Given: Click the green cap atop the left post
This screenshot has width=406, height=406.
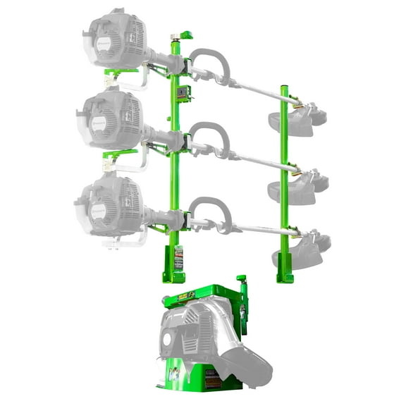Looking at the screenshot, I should coord(187,35).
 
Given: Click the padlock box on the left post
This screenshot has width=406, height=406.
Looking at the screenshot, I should coord(184,94).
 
